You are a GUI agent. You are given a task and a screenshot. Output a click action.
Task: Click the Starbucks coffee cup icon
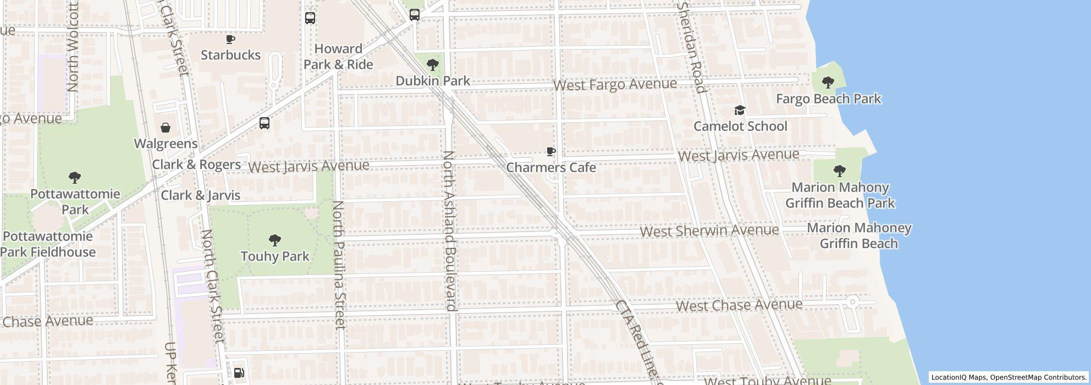coord(230,40)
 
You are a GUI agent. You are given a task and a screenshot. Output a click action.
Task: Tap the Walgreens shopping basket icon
coord(166,128)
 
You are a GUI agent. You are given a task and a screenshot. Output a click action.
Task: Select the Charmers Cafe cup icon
coord(551,152)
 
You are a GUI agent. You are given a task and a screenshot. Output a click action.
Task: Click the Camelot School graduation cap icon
coord(740,111)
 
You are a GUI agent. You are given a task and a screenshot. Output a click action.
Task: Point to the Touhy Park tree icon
coord(274,240)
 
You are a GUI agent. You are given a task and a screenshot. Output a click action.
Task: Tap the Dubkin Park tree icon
coord(433,65)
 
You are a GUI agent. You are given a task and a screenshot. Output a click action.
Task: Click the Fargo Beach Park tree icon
coord(828,83)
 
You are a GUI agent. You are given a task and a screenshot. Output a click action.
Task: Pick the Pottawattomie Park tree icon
coord(75,178)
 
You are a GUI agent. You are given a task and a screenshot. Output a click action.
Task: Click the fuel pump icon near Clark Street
coord(239,373)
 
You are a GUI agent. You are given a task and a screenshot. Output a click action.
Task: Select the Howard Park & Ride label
coord(338,57)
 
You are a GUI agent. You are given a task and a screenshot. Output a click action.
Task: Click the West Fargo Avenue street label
coord(615,85)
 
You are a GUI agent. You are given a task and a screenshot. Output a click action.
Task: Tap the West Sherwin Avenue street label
coord(709,230)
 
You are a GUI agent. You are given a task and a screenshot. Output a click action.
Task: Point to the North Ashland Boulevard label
coord(450,231)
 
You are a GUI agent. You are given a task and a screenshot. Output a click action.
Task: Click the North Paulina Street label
coord(339,265)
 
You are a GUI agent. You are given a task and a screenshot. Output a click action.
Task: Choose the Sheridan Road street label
coord(691,47)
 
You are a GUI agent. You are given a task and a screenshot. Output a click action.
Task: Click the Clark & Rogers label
coord(196,164)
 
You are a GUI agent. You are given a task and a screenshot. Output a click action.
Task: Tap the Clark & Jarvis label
coord(200,195)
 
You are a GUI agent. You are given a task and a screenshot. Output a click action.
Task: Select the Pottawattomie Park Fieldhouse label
coord(48,244)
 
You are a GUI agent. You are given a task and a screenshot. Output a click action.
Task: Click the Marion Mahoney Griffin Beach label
coord(858,235)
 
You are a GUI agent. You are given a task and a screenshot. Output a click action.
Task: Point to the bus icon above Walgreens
coord(265,123)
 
